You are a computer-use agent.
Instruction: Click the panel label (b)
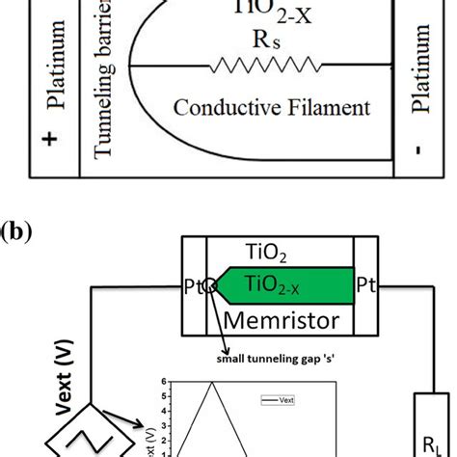tap(19, 233)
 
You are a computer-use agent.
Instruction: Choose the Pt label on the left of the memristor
tap(194, 286)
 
